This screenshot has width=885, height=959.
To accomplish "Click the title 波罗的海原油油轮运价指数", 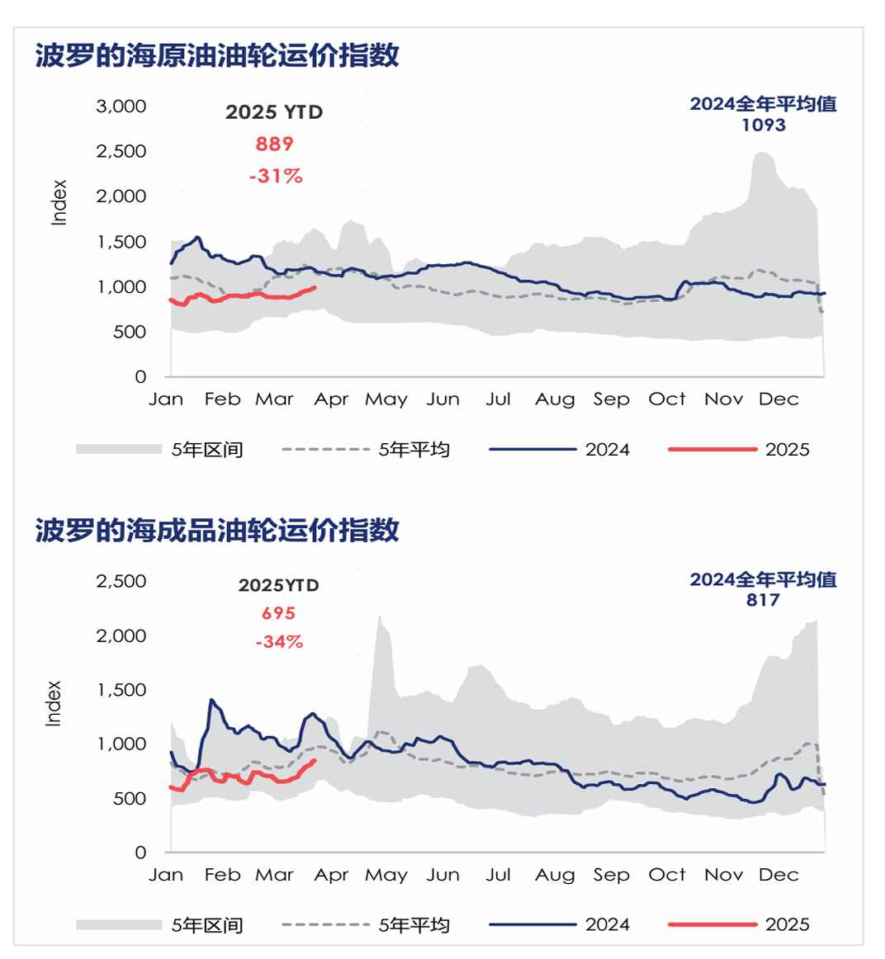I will point(217,55).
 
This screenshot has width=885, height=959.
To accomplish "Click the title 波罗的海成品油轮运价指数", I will point(217,530).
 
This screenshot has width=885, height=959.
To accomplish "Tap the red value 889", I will point(275,144).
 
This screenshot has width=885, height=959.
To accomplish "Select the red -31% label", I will point(276,176).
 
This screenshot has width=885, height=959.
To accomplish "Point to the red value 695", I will point(278,613).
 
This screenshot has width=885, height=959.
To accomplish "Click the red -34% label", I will point(279,641).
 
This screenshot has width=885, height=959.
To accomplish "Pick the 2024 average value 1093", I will point(763,125).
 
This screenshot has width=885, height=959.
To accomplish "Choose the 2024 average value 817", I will point(763,600).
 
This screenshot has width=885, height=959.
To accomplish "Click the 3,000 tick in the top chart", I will point(121,106).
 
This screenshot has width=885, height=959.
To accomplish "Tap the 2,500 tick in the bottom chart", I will point(121,581).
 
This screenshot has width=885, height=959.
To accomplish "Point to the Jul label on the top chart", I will point(498,399).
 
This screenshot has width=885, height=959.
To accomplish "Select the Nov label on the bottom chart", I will point(723,875).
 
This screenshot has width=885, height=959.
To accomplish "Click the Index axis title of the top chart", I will point(59,202).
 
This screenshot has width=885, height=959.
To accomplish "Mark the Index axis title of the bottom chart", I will point(54,703).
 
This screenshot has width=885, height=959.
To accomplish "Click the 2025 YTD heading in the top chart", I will point(274,112).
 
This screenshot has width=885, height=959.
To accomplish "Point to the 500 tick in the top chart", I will point(129,332).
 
